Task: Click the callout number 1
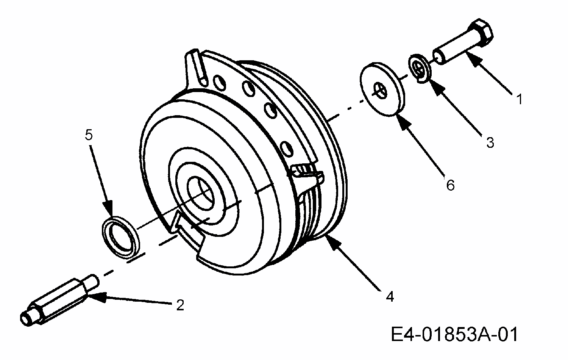click(x=520, y=99)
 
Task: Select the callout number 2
click(x=180, y=305)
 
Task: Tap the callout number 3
click(x=490, y=142)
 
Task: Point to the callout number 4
click(x=390, y=296)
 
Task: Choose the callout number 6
click(x=449, y=185)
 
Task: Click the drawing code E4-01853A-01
click(x=454, y=335)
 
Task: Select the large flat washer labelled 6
click(x=382, y=89)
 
